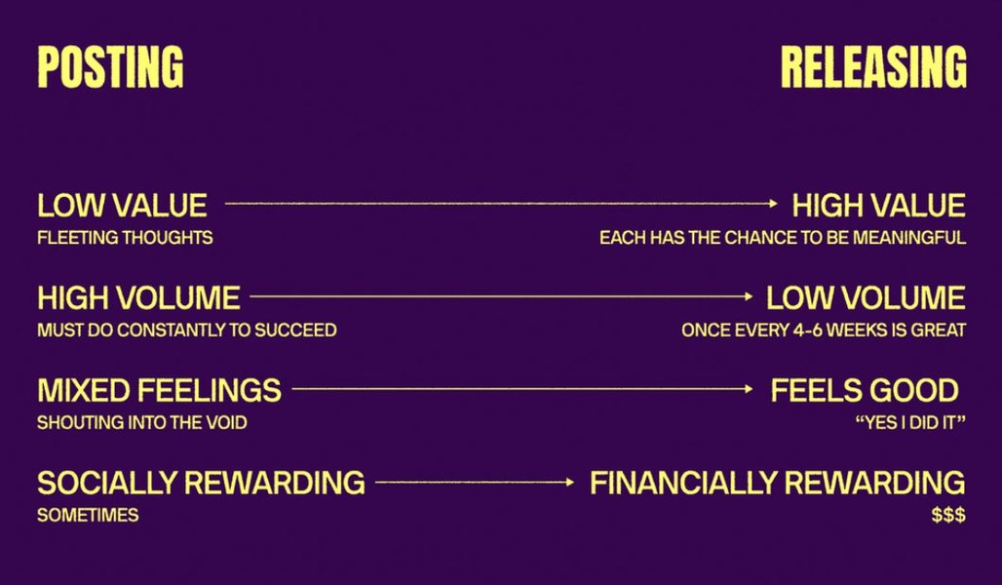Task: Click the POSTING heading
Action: click(x=110, y=66)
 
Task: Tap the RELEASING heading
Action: click(x=873, y=66)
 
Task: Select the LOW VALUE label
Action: click(x=122, y=206)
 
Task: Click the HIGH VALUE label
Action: click(x=878, y=206)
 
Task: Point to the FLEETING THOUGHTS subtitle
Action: click(x=125, y=238)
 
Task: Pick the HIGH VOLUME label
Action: click(x=138, y=298)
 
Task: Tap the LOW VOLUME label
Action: click(x=866, y=298)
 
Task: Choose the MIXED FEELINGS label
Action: click(x=159, y=391)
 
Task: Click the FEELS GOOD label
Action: click(x=865, y=391)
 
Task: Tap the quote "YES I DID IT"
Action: click(x=910, y=422)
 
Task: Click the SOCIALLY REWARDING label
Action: click(x=202, y=483)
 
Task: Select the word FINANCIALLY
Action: click(x=683, y=483)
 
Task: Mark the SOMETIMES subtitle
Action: click(x=88, y=516)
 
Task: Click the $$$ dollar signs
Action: click(x=948, y=516)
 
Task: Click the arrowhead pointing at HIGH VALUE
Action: click(x=774, y=204)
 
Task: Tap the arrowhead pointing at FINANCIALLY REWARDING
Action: click(x=570, y=482)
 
